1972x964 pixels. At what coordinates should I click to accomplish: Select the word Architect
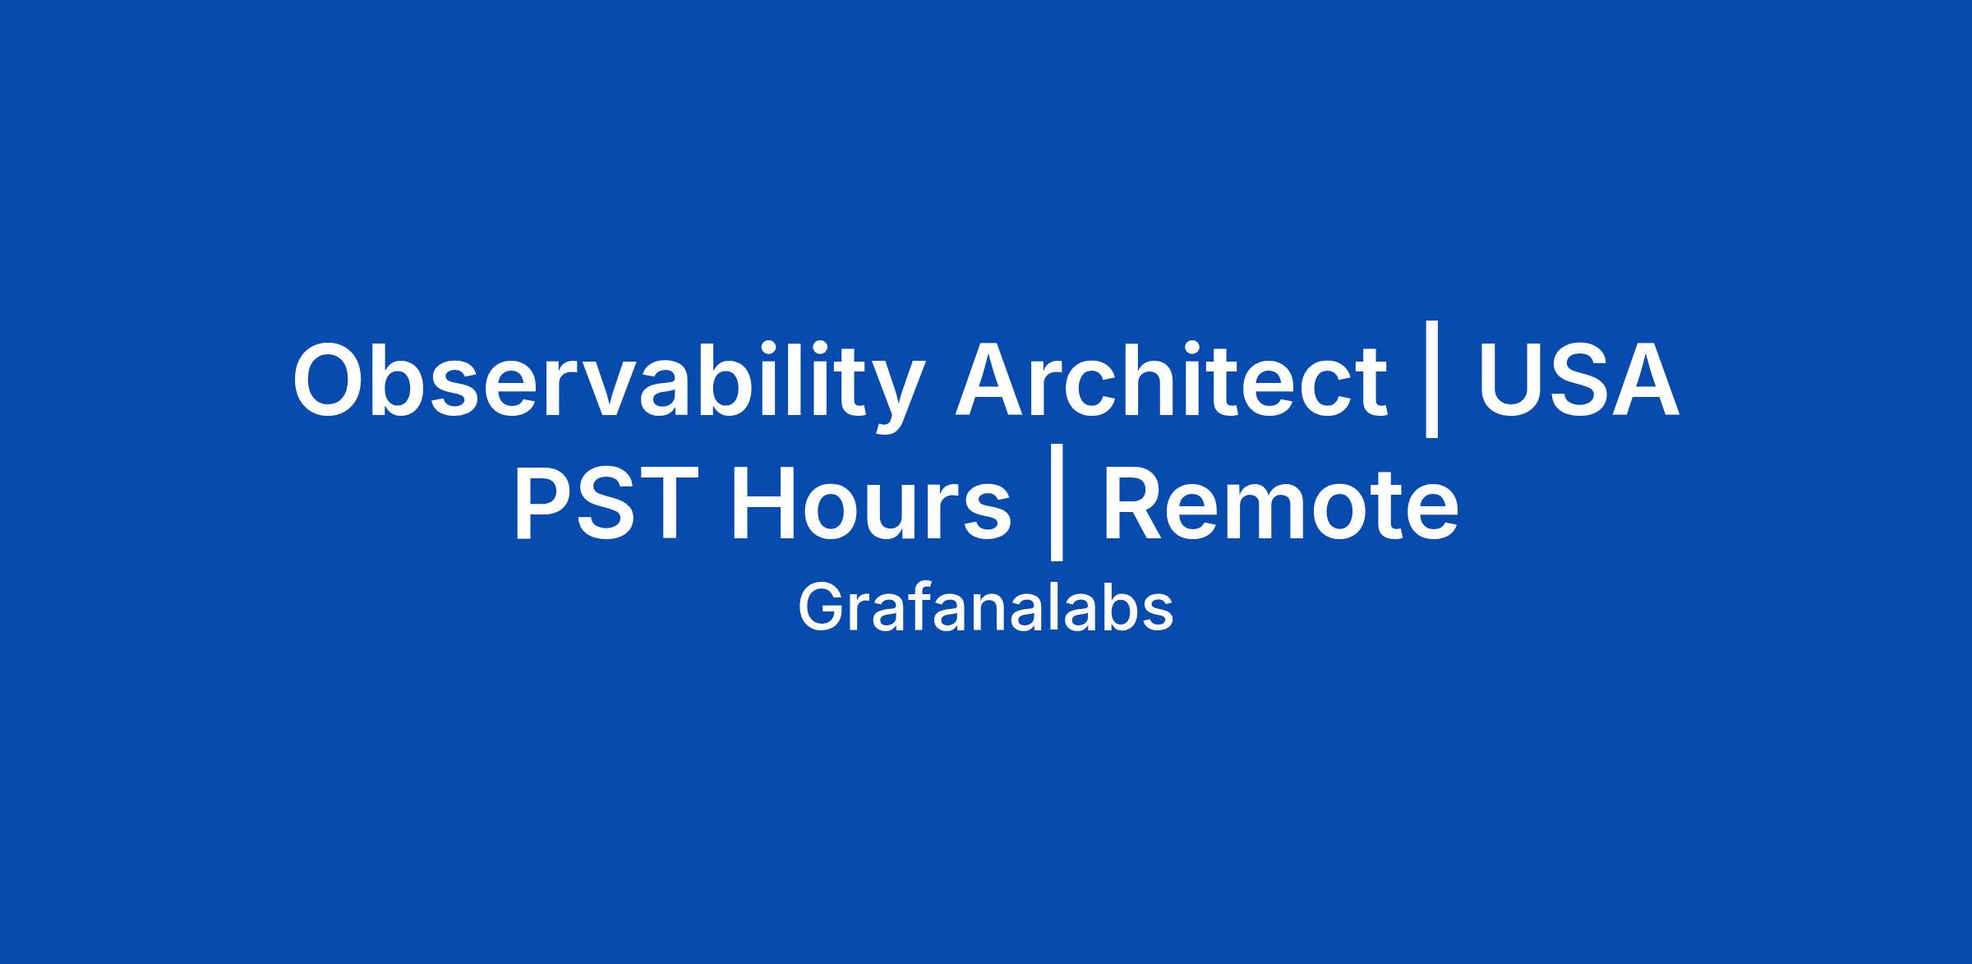(1171, 379)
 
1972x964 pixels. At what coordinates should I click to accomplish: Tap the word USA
(1578, 380)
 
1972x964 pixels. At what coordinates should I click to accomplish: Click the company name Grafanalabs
(985, 609)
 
